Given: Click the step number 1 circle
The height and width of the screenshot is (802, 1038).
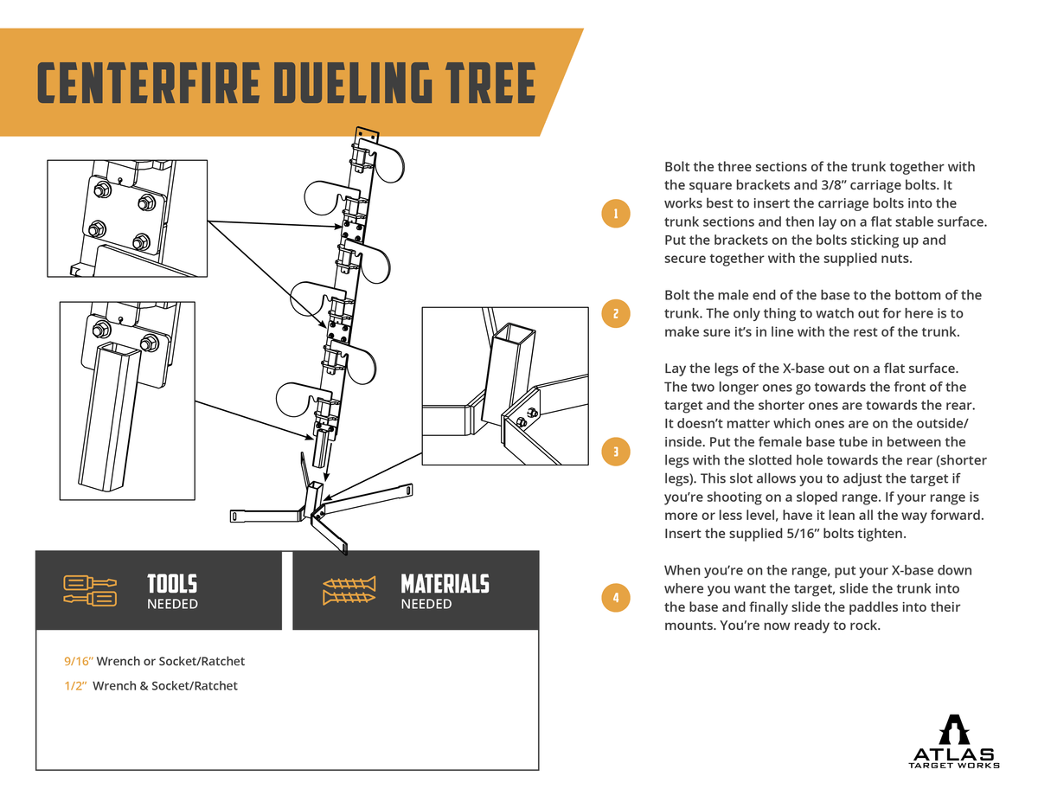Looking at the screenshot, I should [615, 213].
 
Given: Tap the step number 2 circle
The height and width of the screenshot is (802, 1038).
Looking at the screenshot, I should [615, 313].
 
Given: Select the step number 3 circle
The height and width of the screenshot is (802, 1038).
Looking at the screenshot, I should [615, 451].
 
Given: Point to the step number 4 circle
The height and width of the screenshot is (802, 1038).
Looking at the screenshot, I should [615, 597].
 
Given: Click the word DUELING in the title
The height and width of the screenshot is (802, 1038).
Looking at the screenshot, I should [345, 83].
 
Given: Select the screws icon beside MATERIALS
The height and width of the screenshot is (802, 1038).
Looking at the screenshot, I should [349, 590].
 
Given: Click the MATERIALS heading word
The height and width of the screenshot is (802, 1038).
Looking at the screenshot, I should [445, 584].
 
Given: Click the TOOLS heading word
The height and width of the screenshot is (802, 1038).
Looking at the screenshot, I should [172, 584].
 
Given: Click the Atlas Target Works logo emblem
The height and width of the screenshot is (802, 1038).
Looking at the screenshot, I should [953, 730].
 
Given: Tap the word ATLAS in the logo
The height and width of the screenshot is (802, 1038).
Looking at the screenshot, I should [953, 754].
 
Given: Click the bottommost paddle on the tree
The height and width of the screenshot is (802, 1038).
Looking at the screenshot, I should [297, 399].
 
